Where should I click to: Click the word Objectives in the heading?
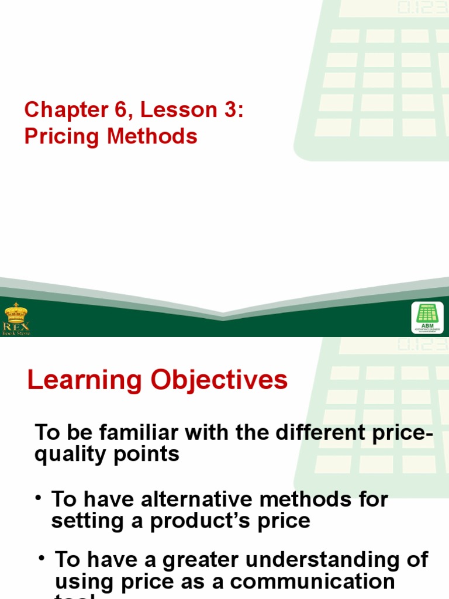tap(219, 380)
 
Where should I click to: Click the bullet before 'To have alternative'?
tap(39, 498)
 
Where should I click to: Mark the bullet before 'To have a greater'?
tap(42, 558)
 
